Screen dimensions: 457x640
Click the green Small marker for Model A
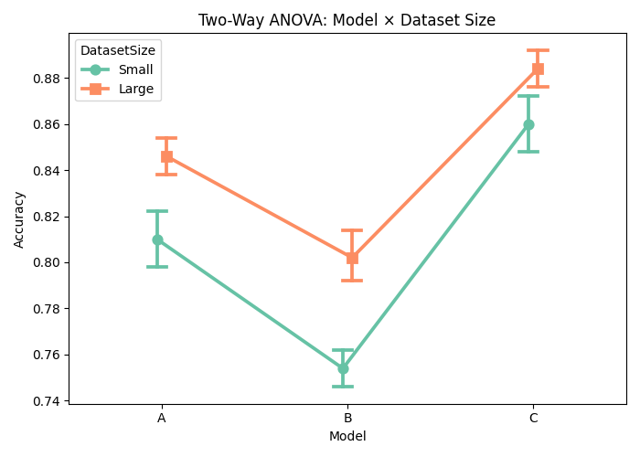157,239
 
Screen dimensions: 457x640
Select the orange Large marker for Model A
166,156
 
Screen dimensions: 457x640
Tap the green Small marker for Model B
343,368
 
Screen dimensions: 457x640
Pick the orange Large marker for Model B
352,258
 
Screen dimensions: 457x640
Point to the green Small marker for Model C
528,124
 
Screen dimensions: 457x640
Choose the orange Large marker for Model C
538,69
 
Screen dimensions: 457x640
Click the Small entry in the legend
135,70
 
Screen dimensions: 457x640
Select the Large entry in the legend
135,89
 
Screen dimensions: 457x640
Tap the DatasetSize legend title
117,50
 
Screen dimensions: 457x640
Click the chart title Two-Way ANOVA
347,20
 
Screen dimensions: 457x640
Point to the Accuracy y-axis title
20,219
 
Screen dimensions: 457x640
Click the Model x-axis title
347,437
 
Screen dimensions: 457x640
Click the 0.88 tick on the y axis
46,79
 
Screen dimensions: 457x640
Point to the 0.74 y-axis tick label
46,401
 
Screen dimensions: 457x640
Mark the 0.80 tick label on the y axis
46,263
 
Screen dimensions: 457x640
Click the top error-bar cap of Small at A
157,211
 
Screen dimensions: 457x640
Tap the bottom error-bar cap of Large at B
352,280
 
